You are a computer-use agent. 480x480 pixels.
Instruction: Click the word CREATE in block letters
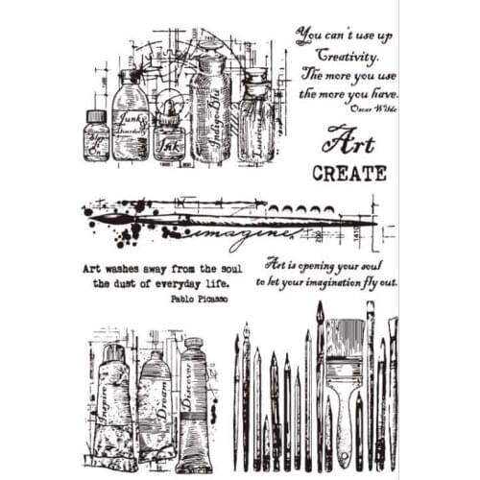(x=349, y=174)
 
